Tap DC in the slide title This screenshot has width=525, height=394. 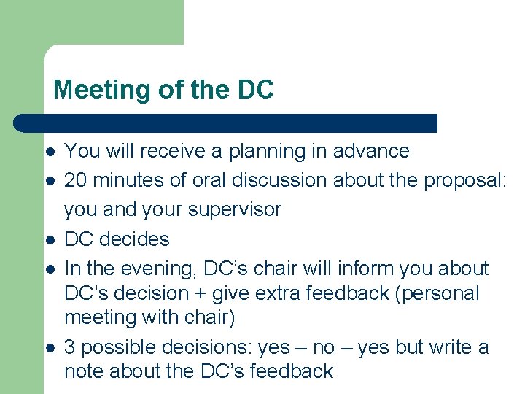(x=255, y=90)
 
